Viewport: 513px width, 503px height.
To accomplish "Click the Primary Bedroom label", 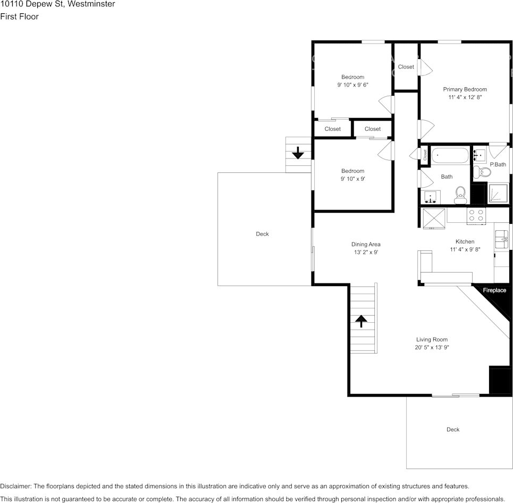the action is pyautogui.click(x=465, y=89).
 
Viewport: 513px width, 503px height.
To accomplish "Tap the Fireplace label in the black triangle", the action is pyautogui.click(x=494, y=290).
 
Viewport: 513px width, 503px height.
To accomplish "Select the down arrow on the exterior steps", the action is pyautogui.click(x=298, y=153).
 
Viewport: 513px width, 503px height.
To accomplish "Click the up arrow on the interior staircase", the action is pyautogui.click(x=361, y=321).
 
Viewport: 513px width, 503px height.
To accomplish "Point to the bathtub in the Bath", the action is pyautogui.click(x=450, y=155).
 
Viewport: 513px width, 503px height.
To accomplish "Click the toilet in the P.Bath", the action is pyautogui.click(x=482, y=172).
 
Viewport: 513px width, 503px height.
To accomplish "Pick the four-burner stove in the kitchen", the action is pyautogui.click(x=476, y=216).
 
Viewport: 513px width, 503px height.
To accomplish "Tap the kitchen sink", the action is pyautogui.click(x=501, y=239).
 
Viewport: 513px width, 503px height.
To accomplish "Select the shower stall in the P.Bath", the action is pyautogui.click(x=498, y=193).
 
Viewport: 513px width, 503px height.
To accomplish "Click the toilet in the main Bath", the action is pyautogui.click(x=460, y=195).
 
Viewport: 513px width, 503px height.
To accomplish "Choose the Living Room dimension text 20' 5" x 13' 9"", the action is pyautogui.click(x=432, y=347).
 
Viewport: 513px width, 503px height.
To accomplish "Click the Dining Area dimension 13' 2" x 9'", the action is pyautogui.click(x=366, y=252).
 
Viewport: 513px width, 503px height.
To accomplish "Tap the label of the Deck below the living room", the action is pyautogui.click(x=453, y=430).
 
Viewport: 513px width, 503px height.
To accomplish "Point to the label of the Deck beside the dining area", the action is pyautogui.click(x=263, y=234).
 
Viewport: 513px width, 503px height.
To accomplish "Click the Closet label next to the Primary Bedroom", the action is pyautogui.click(x=406, y=67).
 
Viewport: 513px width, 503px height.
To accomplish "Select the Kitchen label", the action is pyautogui.click(x=465, y=241).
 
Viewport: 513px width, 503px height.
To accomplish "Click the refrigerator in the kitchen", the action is pyautogui.click(x=434, y=219).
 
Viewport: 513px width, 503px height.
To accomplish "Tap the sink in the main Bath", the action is pyautogui.click(x=431, y=197).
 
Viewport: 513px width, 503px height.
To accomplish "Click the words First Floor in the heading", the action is pyautogui.click(x=19, y=16).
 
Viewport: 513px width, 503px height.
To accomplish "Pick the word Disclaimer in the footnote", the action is pyautogui.click(x=15, y=487).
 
